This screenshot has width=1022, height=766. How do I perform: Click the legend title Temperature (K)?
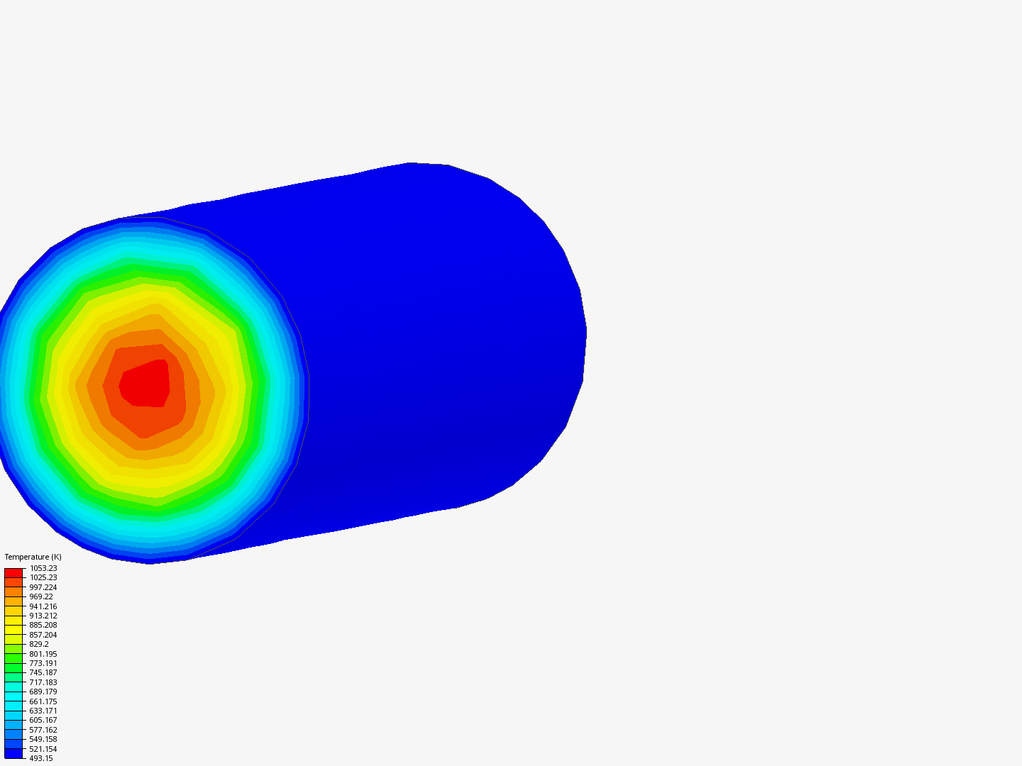(x=33, y=557)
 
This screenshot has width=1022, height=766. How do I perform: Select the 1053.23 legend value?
(x=43, y=568)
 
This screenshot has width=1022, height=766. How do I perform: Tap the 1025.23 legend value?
(x=43, y=577)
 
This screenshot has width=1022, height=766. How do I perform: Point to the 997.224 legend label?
(x=43, y=587)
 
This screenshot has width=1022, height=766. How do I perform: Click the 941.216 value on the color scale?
(x=43, y=606)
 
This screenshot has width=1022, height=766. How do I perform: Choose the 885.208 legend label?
(x=43, y=625)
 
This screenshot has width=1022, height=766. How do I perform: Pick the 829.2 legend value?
(x=38, y=644)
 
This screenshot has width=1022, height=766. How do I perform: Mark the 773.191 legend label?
(x=43, y=663)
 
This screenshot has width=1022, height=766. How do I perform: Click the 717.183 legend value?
(x=43, y=682)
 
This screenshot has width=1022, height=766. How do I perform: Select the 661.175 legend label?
(x=43, y=701)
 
